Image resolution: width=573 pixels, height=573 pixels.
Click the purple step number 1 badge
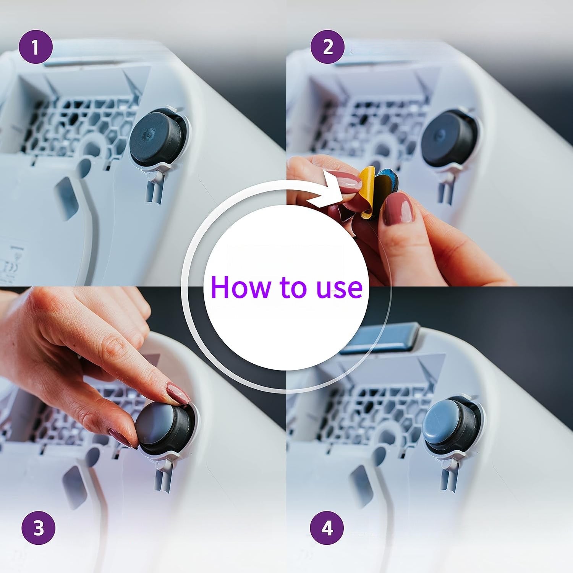[x=35, y=48]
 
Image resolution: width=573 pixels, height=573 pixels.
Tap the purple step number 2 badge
[x=327, y=48]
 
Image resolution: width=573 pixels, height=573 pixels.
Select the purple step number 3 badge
[x=39, y=529]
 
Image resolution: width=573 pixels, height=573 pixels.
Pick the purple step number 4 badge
[x=327, y=529]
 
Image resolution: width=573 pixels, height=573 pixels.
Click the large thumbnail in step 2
[x=397, y=207]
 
